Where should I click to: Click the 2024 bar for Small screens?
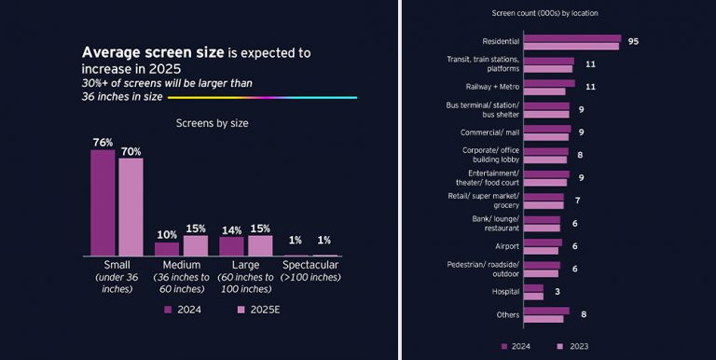point(103,202)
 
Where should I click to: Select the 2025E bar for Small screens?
point(131,206)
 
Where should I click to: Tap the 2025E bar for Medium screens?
point(195,245)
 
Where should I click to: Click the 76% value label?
point(103,143)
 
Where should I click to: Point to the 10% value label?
point(167,235)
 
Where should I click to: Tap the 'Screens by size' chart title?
point(212,122)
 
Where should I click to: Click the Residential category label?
point(500,42)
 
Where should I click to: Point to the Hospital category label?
point(504,292)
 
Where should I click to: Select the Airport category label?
point(506,246)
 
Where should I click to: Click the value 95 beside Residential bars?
point(633,42)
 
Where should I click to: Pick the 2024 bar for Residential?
point(571,38)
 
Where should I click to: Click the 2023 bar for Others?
point(544,319)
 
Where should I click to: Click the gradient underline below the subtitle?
point(261,96)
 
